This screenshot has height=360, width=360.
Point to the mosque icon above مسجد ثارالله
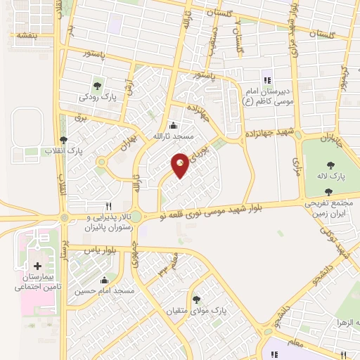click(173, 125)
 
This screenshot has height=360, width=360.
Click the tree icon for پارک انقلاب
click(64, 139)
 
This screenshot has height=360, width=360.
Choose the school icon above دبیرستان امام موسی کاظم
click(266, 79)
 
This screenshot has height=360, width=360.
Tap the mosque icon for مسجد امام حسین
click(104, 280)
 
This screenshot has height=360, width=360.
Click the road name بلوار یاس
click(98, 250)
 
